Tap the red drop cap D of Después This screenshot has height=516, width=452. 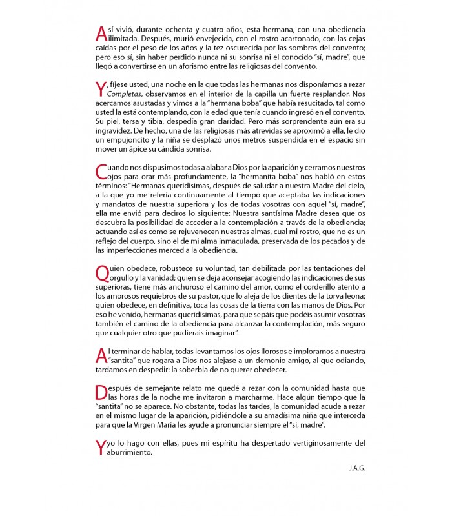(x=100, y=393)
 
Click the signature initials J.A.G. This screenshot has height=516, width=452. (x=356, y=468)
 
